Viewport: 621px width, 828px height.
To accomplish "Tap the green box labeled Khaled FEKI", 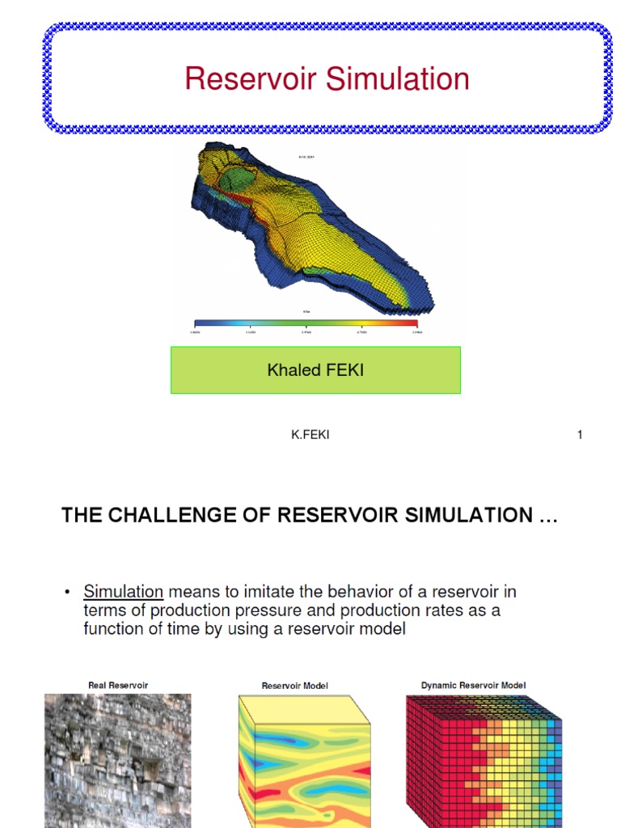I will [x=315, y=370].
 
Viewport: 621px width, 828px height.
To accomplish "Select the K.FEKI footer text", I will [x=310, y=435].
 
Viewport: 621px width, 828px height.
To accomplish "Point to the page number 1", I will [x=580, y=435].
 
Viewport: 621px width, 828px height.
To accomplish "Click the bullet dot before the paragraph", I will [x=67, y=592].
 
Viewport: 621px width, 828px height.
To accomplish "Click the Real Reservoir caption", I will [x=118, y=686].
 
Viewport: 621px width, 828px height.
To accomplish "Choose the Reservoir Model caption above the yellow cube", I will [x=295, y=686].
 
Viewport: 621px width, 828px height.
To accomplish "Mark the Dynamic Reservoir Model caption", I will [x=473, y=686].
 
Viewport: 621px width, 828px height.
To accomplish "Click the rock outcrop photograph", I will [x=118, y=760].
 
